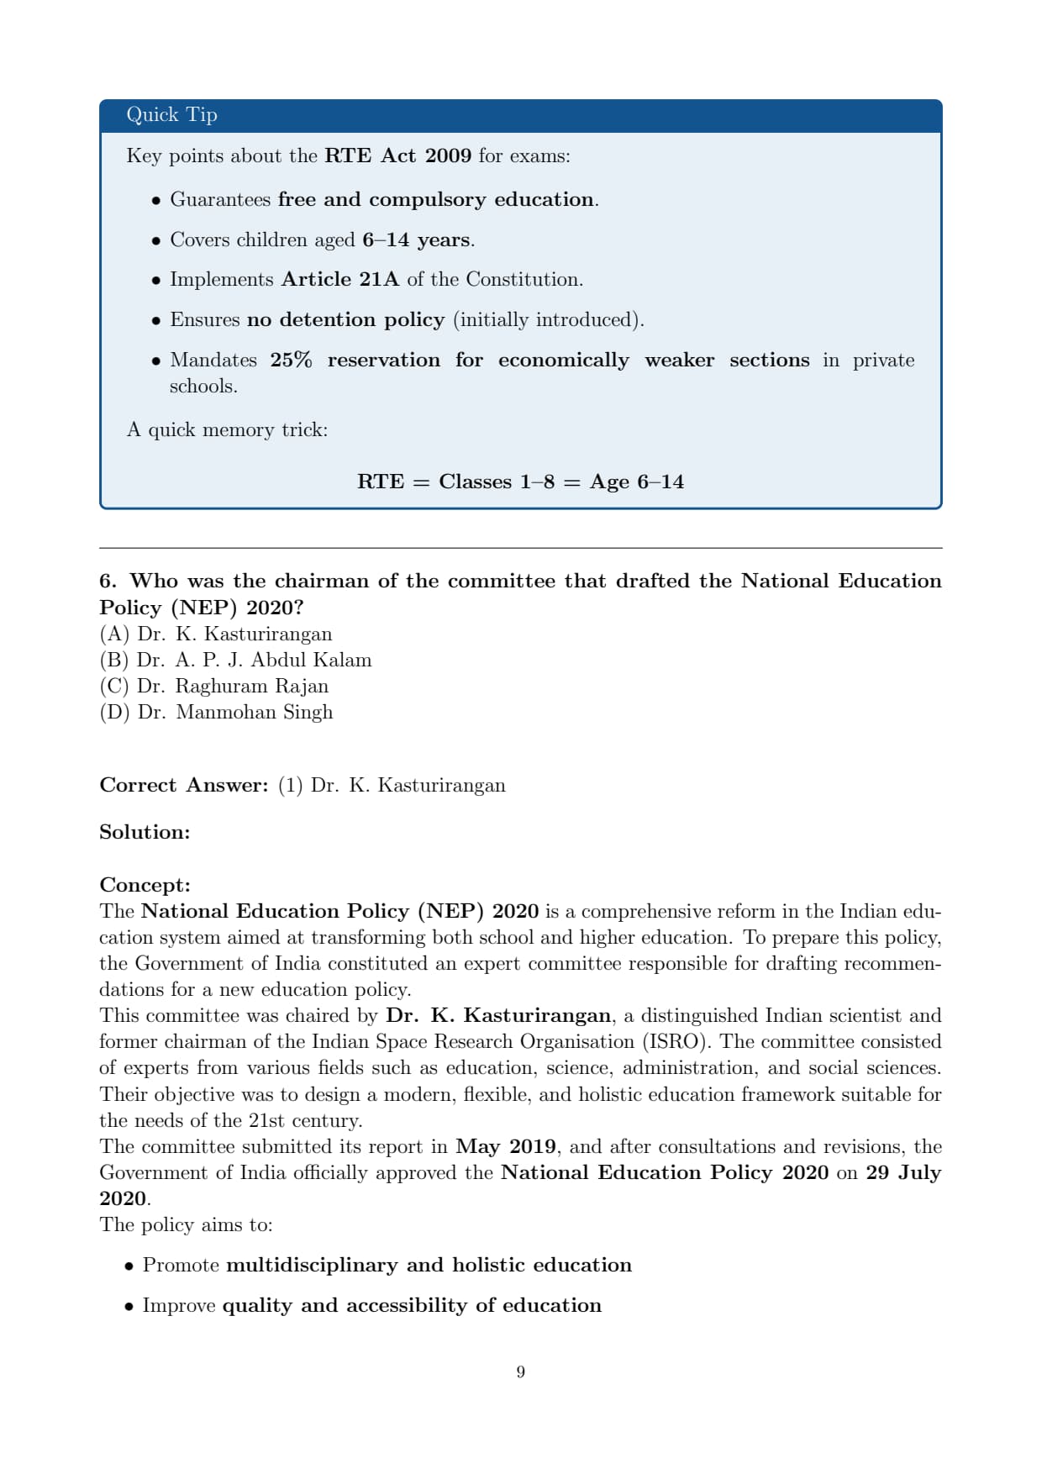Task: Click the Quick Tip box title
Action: click(x=171, y=115)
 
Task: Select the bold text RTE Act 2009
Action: click(x=397, y=156)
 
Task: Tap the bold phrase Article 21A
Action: click(x=340, y=280)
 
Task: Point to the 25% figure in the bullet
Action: click(x=291, y=361)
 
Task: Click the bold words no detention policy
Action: click(x=345, y=320)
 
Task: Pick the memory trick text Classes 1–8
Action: click(x=497, y=482)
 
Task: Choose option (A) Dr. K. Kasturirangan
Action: click(x=216, y=634)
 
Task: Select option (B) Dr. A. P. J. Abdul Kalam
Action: click(x=235, y=661)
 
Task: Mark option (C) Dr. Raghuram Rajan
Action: click(x=214, y=687)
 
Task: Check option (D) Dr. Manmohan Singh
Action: click(x=216, y=713)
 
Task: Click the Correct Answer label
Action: click(x=183, y=786)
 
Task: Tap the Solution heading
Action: click(x=145, y=833)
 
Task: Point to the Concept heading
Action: click(x=145, y=886)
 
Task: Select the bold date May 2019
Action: click(x=506, y=1147)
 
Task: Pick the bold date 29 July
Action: click(x=903, y=1173)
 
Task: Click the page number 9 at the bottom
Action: click(x=521, y=1372)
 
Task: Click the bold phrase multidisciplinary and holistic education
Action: click(x=429, y=1266)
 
